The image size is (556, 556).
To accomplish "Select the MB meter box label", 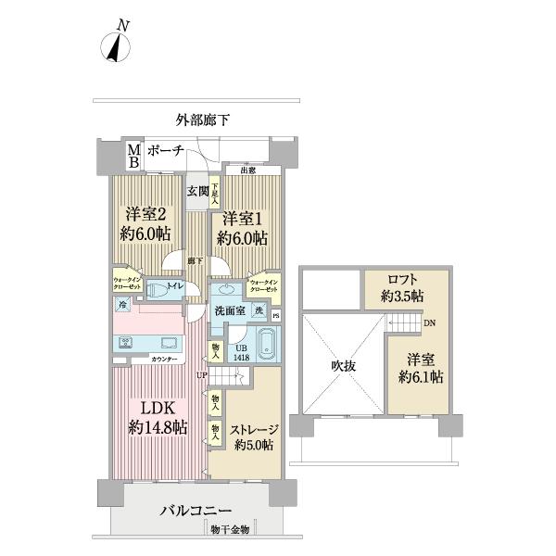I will coord(133,155).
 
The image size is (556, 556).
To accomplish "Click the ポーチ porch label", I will coord(165,151).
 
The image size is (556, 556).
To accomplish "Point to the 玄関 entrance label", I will coord(197,192).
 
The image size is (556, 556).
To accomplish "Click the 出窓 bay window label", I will coord(248,171).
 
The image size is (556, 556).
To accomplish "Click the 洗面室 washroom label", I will coord(229,310).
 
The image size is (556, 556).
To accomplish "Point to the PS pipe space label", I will coord(275,315).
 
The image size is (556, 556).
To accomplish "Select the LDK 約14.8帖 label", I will coord(157,418).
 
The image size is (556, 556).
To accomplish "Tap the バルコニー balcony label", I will coord(196,511).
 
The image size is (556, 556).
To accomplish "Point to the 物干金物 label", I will coord(228,529).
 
